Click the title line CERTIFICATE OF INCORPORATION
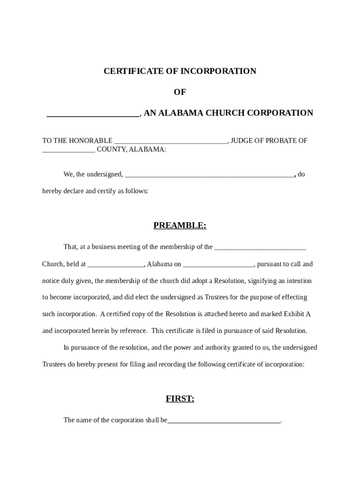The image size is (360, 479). click(x=180, y=71)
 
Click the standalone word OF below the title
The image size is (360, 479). click(x=180, y=92)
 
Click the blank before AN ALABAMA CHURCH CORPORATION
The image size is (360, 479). click(x=93, y=114)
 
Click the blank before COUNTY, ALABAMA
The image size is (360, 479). click(x=68, y=150)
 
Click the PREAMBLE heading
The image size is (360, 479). click(x=180, y=225)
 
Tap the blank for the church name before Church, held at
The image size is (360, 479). click(x=260, y=247)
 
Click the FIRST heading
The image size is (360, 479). click(x=180, y=399)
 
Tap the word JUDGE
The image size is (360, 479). click(x=242, y=140)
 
